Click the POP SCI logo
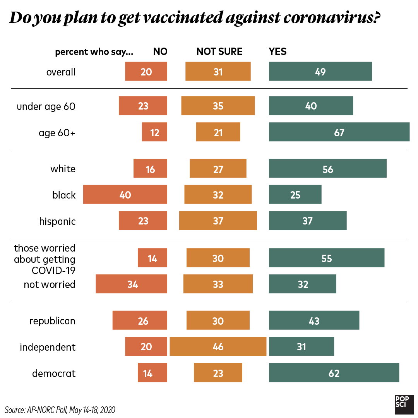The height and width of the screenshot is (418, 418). [x=404, y=404]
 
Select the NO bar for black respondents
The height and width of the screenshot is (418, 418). [x=125, y=194]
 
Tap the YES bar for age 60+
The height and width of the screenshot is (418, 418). [x=339, y=132]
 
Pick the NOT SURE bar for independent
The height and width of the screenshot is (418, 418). [x=218, y=346]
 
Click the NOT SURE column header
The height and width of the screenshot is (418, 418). [x=219, y=51]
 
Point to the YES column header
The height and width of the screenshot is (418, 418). [x=278, y=51]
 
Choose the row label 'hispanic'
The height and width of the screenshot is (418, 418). [x=57, y=221]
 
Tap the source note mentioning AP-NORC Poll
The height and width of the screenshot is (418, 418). [x=60, y=409]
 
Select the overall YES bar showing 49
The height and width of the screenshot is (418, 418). [x=320, y=72]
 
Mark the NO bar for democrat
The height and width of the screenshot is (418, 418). [x=152, y=373]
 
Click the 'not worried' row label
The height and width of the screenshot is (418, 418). [x=50, y=284]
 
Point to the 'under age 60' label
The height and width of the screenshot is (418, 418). [x=46, y=106]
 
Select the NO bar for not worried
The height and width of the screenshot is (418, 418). [x=131, y=284]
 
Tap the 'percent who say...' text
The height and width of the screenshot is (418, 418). [x=94, y=52]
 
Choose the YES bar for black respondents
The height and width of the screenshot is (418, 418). [x=295, y=194]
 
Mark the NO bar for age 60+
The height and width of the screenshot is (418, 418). [x=154, y=132]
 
